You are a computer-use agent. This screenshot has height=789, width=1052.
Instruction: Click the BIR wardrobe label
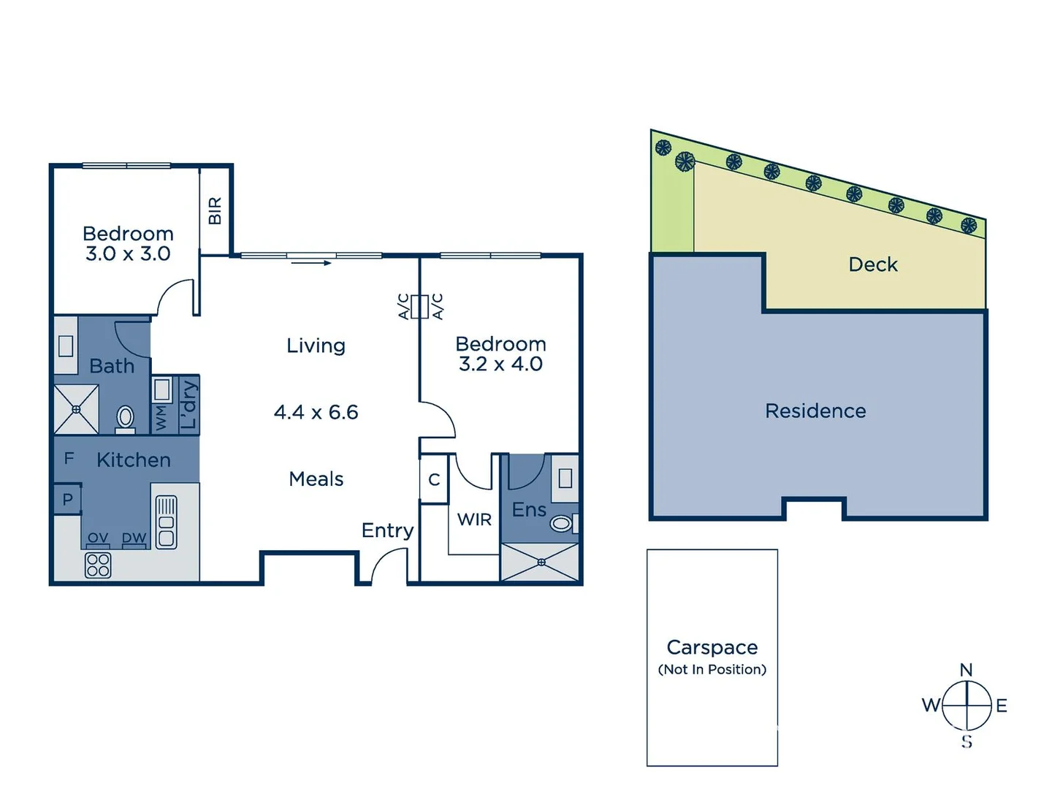215,211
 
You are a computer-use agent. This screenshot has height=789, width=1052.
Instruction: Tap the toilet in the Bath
126,419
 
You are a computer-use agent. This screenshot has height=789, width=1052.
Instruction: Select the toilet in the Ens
561,523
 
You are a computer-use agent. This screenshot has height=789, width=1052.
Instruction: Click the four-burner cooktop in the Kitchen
98,565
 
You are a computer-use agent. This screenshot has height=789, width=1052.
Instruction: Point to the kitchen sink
166,522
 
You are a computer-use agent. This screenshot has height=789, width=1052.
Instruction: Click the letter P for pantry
68,500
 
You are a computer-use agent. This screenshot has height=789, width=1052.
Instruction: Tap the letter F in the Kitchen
69,459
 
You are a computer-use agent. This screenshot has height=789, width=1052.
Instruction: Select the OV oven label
97,538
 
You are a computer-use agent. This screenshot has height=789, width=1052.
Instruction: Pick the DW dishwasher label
134,538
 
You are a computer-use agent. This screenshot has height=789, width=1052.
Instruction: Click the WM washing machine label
161,418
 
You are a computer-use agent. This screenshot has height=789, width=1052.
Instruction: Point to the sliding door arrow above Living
311,263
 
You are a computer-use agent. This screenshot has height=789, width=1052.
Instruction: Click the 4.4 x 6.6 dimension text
316,412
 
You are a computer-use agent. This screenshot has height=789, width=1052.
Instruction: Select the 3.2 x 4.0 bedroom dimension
500,364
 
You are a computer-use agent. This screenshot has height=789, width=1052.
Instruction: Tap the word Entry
387,530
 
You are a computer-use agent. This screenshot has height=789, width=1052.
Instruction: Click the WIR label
474,519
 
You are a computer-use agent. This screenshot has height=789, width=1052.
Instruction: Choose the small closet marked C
434,480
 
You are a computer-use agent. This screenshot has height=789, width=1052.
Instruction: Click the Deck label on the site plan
873,264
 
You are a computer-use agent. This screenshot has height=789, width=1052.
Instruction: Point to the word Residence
815,411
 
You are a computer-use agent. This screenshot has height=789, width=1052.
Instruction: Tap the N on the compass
966,669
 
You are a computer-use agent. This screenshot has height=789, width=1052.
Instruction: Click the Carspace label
712,647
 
